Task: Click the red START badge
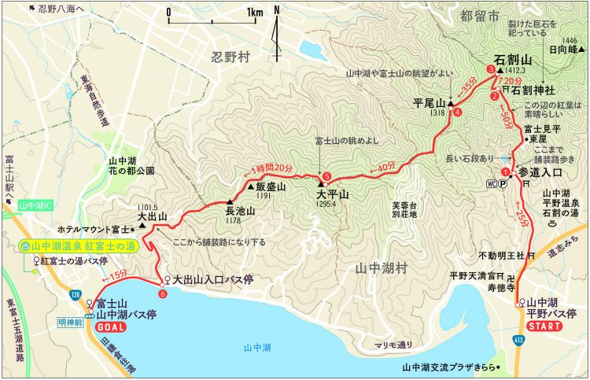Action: (x=544, y=326)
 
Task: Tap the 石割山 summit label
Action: (x=514, y=59)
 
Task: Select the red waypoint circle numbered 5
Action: (x=326, y=176)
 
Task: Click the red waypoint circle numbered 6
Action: (x=162, y=293)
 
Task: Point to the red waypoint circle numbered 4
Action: (x=457, y=112)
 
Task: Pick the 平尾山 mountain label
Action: (x=429, y=102)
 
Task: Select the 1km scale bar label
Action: (x=253, y=13)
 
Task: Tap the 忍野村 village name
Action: (x=230, y=57)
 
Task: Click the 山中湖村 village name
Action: (x=382, y=268)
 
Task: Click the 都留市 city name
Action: (x=482, y=15)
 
